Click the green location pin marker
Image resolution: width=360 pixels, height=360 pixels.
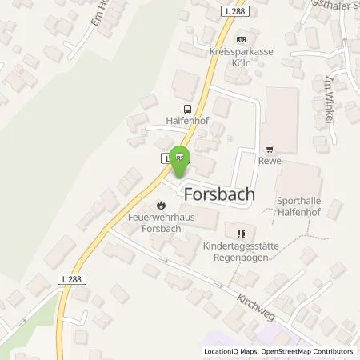[x=182, y=159]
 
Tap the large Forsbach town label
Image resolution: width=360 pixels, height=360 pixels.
[x=219, y=194]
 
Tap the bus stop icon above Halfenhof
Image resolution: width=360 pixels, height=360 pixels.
[x=186, y=109]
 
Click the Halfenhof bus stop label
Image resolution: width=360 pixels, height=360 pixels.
[x=186, y=122]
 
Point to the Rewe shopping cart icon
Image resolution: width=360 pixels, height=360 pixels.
[x=269, y=148]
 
